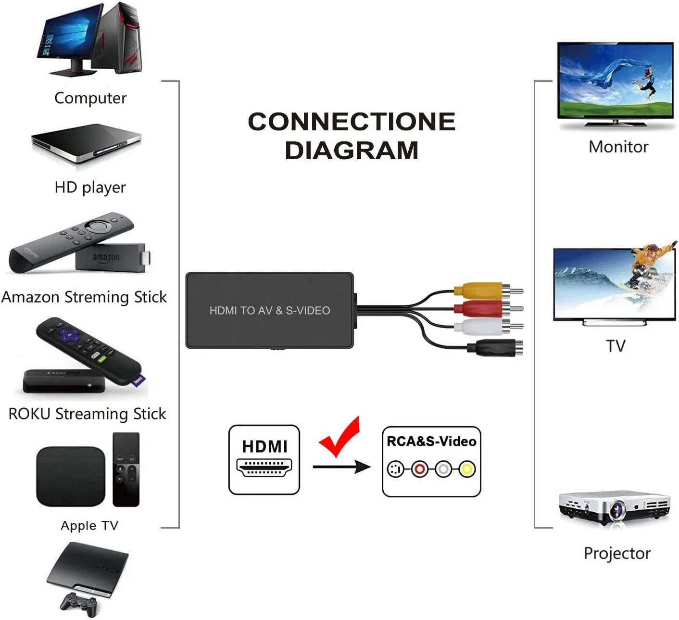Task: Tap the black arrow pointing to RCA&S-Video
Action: coord(341,467)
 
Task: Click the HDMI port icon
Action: coord(264,467)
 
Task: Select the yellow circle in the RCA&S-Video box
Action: coord(466,468)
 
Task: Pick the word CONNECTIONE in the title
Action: coord(351,122)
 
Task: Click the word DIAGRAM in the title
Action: coord(351,151)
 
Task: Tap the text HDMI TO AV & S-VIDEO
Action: coord(269,311)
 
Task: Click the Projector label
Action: coord(616,553)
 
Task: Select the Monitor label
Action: coord(618,147)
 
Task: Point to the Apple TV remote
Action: coord(126,469)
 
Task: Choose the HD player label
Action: coord(90,187)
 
